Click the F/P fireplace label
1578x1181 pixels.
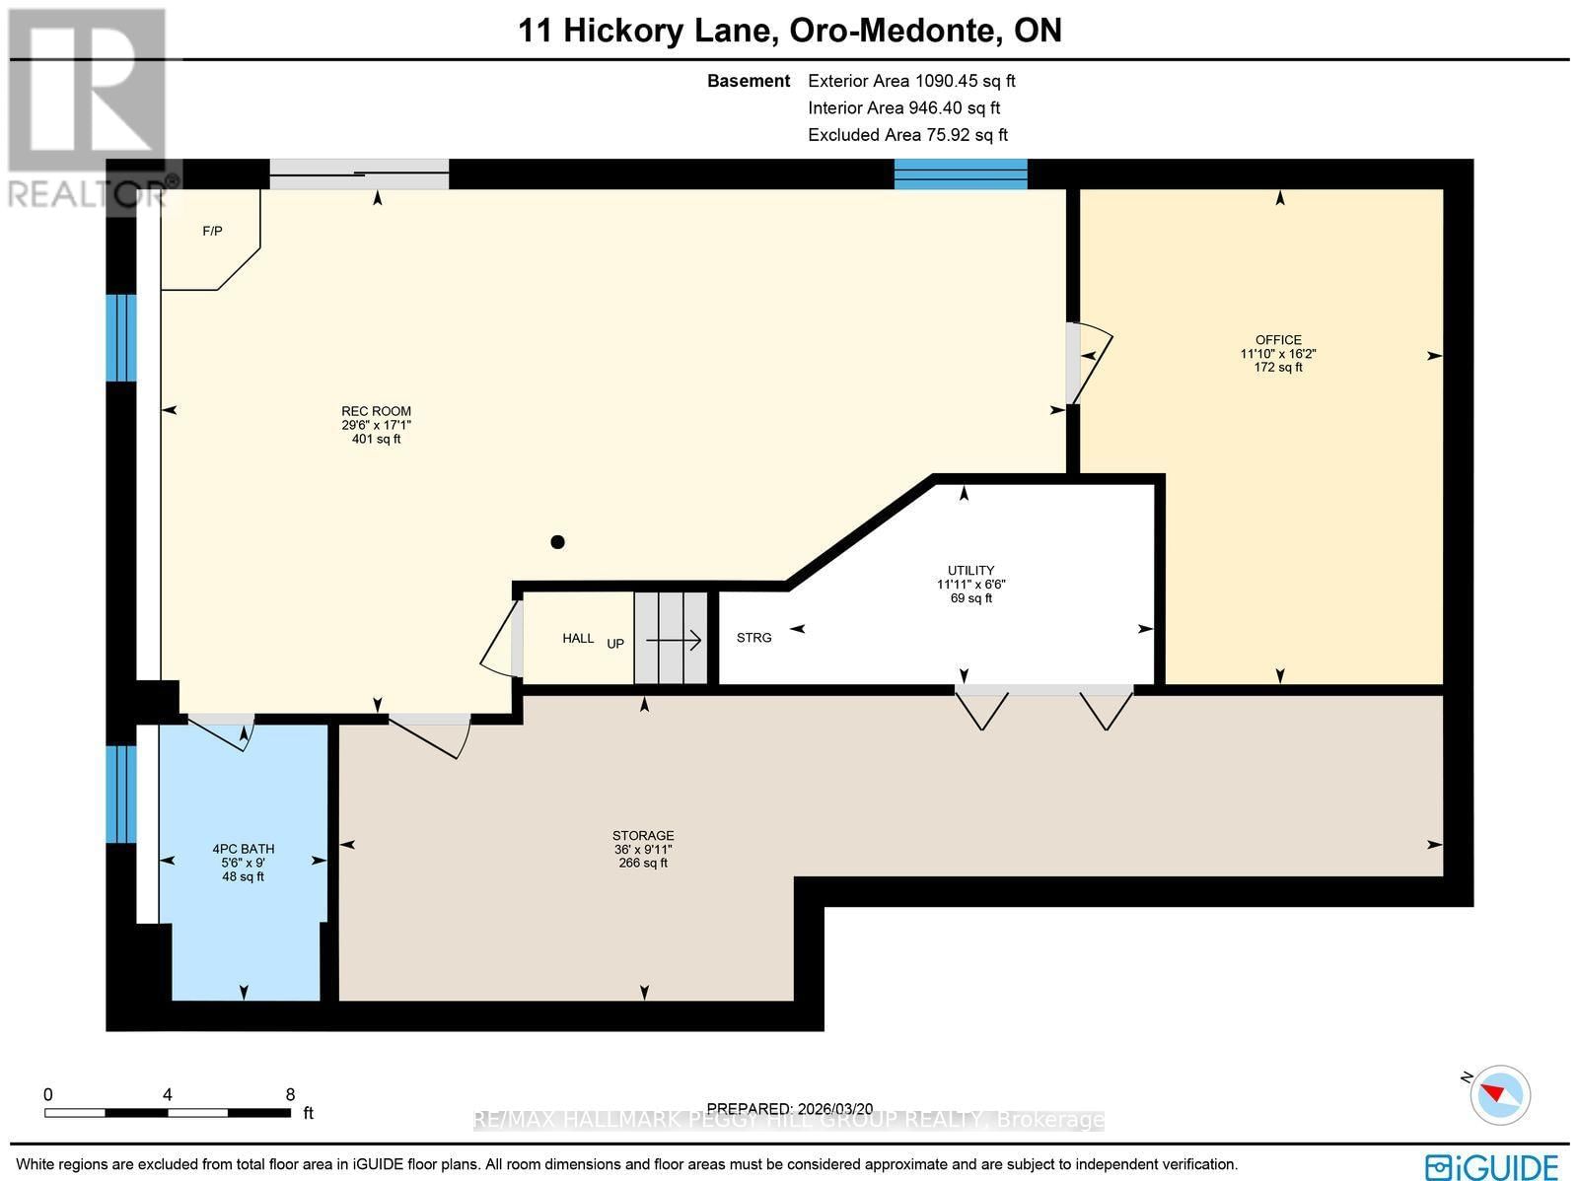[212, 232]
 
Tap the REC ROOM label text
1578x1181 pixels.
[376, 411]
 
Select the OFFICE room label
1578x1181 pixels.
[1278, 340]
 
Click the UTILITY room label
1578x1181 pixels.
[970, 571]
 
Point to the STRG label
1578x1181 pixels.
[753, 638]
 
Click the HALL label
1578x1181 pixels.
[578, 638]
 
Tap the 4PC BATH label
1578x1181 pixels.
[243, 849]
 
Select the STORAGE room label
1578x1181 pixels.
[643, 835]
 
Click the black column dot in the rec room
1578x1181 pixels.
[557, 541]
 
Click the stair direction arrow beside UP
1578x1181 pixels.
[674, 641]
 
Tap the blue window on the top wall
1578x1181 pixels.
[961, 174]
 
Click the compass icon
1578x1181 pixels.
[1499, 1094]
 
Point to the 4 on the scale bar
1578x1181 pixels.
[168, 1094]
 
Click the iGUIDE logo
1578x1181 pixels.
[1491, 1166]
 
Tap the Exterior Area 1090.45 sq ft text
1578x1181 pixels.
[911, 81]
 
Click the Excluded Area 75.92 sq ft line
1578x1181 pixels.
[907, 135]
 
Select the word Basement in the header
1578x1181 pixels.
[749, 81]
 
